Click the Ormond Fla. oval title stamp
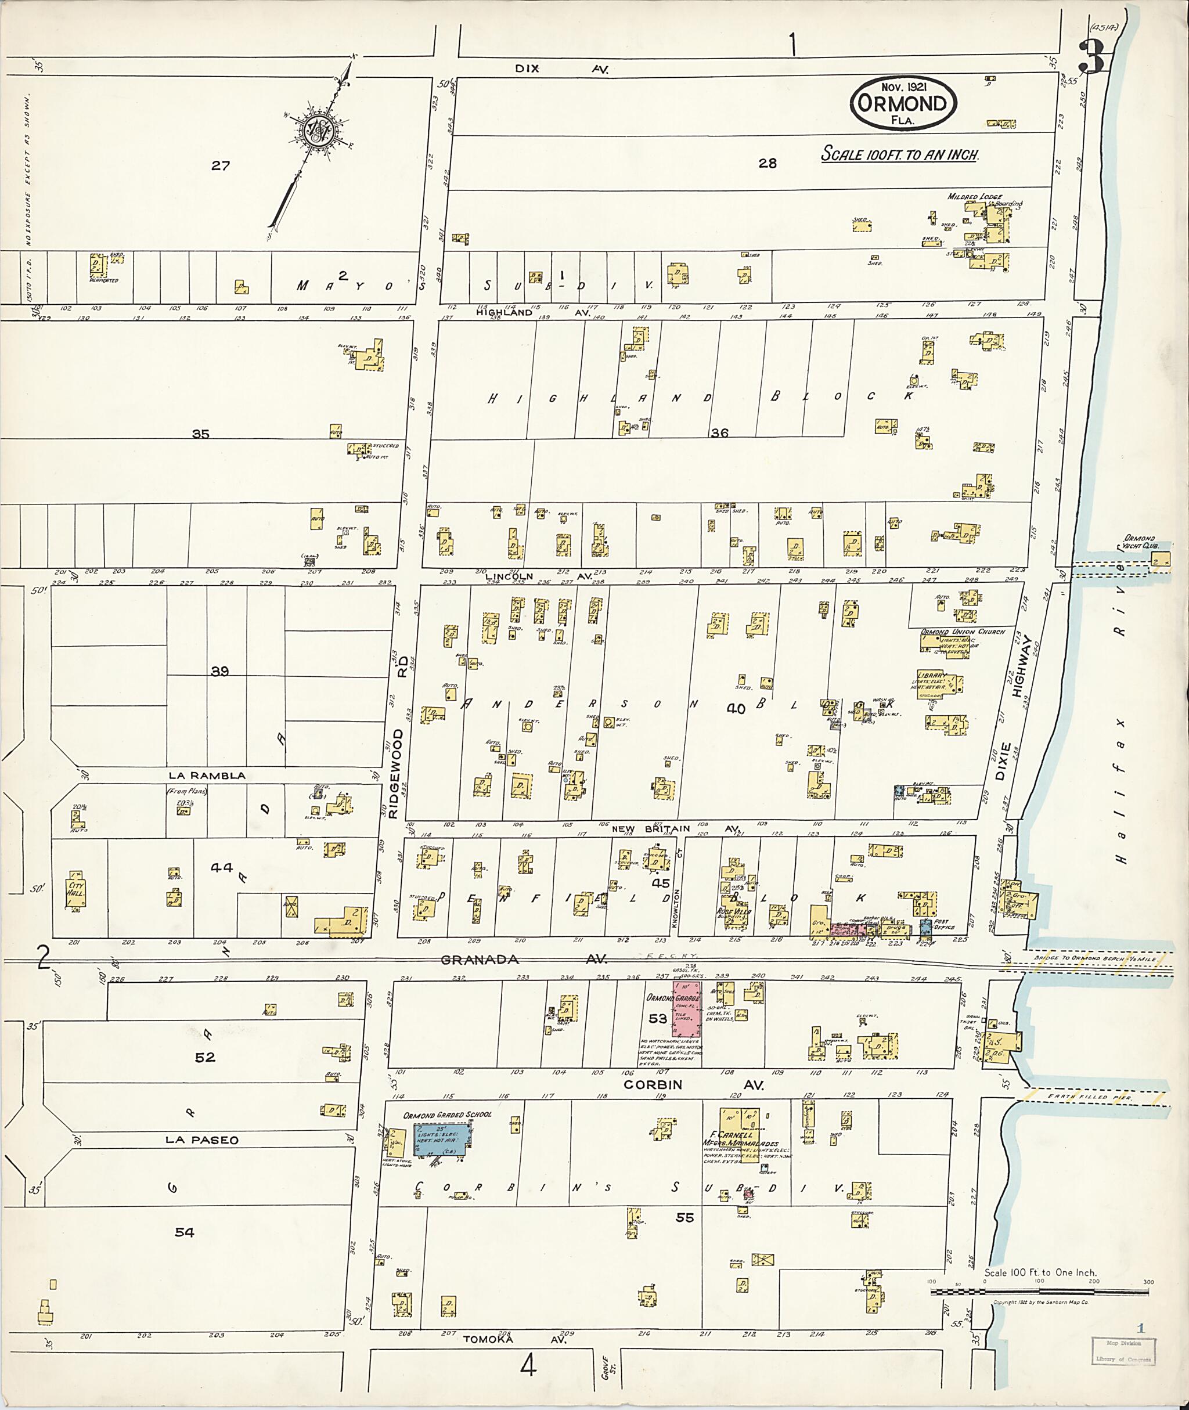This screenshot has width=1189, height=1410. pos(903,104)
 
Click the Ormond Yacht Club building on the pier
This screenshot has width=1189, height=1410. pos(1161,560)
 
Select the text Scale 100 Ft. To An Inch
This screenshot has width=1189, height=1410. pos(899,154)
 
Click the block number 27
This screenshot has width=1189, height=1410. pos(221,165)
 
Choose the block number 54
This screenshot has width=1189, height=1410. pos(185,1232)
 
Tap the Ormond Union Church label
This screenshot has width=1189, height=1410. pos(963,632)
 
